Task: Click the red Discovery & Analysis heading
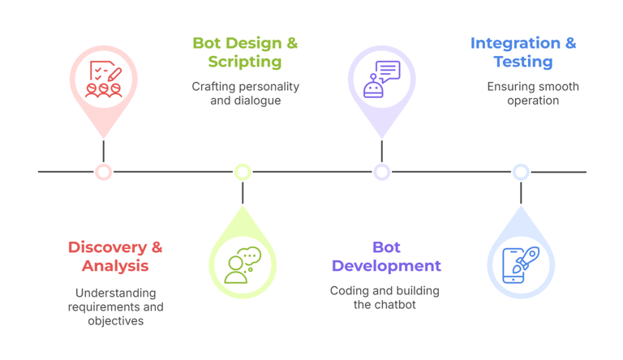115,256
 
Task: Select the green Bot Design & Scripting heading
244,52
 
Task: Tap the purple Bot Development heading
386,256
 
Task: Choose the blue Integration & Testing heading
523,52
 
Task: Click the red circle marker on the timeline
103,172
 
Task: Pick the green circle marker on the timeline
243,172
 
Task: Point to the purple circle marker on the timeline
382,172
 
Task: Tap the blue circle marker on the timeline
521,172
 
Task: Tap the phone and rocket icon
521,264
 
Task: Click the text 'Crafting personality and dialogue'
245,93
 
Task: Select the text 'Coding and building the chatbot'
385,298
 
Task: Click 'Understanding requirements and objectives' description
115,306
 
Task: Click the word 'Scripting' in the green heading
244,62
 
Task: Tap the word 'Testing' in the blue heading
523,62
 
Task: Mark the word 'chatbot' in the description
396,305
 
